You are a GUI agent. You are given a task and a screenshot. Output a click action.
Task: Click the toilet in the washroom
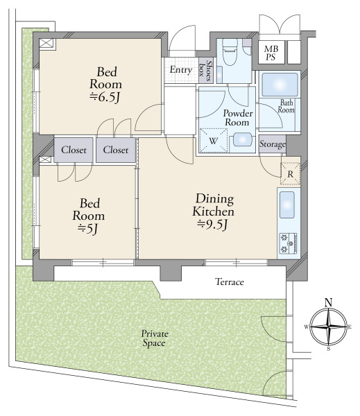click(x=230, y=52)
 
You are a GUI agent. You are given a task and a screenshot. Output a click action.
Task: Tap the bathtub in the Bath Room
click(x=280, y=85)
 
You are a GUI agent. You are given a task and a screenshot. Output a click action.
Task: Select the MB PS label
click(x=271, y=53)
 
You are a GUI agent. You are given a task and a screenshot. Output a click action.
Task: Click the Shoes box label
click(x=206, y=71)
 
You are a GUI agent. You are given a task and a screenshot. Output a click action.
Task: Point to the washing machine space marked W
click(x=214, y=141)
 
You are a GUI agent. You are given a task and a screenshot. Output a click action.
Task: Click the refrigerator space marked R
click(x=291, y=174)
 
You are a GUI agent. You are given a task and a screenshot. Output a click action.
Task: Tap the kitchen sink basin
click(x=287, y=205)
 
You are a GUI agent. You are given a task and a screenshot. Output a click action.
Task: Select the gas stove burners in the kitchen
click(x=289, y=243)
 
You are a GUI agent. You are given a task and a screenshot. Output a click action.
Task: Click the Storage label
click(x=273, y=144)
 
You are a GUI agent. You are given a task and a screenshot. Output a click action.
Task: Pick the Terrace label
click(x=230, y=281)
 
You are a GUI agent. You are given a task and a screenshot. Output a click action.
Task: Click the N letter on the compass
click(x=329, y=302)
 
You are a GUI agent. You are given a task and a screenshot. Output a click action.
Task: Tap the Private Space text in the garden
click(x=155, y=338)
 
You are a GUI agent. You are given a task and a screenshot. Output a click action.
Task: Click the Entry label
click(x=181, y=70)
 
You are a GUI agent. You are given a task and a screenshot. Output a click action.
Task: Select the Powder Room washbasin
click(x=242, y=139)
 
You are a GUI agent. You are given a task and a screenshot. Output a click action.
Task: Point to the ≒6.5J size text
click(x=105, y=98)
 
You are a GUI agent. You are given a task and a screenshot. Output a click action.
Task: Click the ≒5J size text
click(x=88, y=228)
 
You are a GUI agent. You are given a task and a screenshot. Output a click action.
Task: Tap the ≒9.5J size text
click(x=213, y=225)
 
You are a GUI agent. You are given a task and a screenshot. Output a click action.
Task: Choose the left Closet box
click(x=74, y=150)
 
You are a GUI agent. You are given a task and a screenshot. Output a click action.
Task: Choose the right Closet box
click(x=116, y=150)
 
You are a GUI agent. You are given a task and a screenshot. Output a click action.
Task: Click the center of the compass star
click(x=329, y=327)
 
